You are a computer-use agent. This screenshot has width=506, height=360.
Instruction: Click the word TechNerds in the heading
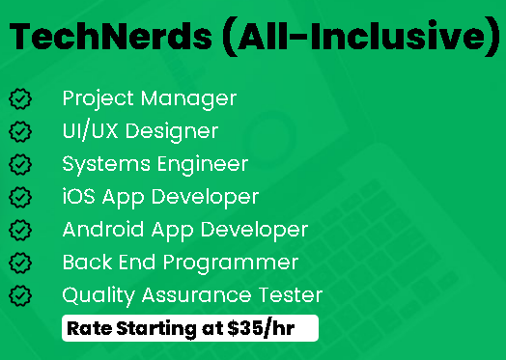tap(111, 37)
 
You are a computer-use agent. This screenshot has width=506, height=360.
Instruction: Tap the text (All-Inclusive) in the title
tap(361, 37)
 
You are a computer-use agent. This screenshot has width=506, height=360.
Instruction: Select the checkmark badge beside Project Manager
tap(20, 99)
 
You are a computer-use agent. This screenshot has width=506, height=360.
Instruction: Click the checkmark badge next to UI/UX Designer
tap(20, 131)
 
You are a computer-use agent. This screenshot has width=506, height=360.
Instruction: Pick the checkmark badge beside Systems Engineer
tap(20, 164)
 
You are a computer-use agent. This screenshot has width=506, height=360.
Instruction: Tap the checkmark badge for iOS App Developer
tap(20, 198)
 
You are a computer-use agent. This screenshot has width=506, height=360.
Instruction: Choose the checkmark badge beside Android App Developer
tap(20, 230)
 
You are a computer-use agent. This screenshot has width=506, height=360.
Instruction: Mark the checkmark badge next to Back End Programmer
tap(20, 263)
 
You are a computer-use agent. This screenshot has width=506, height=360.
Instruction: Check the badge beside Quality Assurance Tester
tap(20, 295)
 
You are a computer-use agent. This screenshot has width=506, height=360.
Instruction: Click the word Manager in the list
tap(188, 99)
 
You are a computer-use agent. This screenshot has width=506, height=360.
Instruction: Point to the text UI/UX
tap(90, 131)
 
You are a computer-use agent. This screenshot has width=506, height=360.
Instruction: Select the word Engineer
tap(203, 165)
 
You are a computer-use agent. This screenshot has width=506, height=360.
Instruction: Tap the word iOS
tap(79, 196)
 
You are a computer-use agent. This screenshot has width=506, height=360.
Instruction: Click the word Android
tap(103, 230)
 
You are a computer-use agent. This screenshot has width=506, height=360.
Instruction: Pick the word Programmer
tap(231, 263)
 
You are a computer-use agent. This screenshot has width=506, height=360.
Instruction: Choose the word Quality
tap(98, 296)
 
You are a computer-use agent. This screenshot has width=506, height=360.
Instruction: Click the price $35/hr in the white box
tap(261, 328)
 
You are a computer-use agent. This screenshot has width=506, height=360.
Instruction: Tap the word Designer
tap(172, 132)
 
